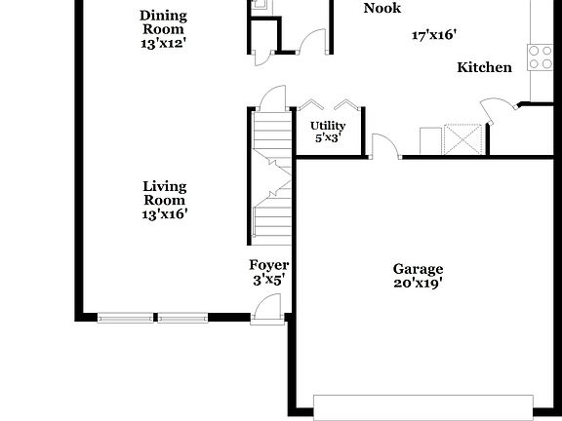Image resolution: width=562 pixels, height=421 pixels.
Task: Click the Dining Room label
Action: coord(163,15)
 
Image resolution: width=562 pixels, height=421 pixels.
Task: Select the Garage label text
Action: coord(418,269)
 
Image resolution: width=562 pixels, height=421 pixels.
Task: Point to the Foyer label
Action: coord(268,265)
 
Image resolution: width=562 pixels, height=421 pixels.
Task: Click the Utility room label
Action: coord(328,126)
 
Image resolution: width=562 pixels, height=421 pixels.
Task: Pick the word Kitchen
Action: coord(485,67)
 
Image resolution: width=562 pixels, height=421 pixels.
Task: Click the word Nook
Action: coord(381,9)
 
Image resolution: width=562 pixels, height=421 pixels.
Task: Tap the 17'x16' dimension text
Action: coord(435,35)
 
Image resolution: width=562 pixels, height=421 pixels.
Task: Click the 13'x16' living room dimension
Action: coord(164,213)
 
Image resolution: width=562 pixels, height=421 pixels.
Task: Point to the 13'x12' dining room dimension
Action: coord(163,43)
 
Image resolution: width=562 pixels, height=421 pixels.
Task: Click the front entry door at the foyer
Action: coord(264,309)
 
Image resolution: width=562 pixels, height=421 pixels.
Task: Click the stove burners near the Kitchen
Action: coord(541,57)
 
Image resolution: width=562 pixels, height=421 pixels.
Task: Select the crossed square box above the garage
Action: coord(463,138)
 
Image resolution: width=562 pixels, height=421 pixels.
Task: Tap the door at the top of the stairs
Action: coord(271,97)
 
